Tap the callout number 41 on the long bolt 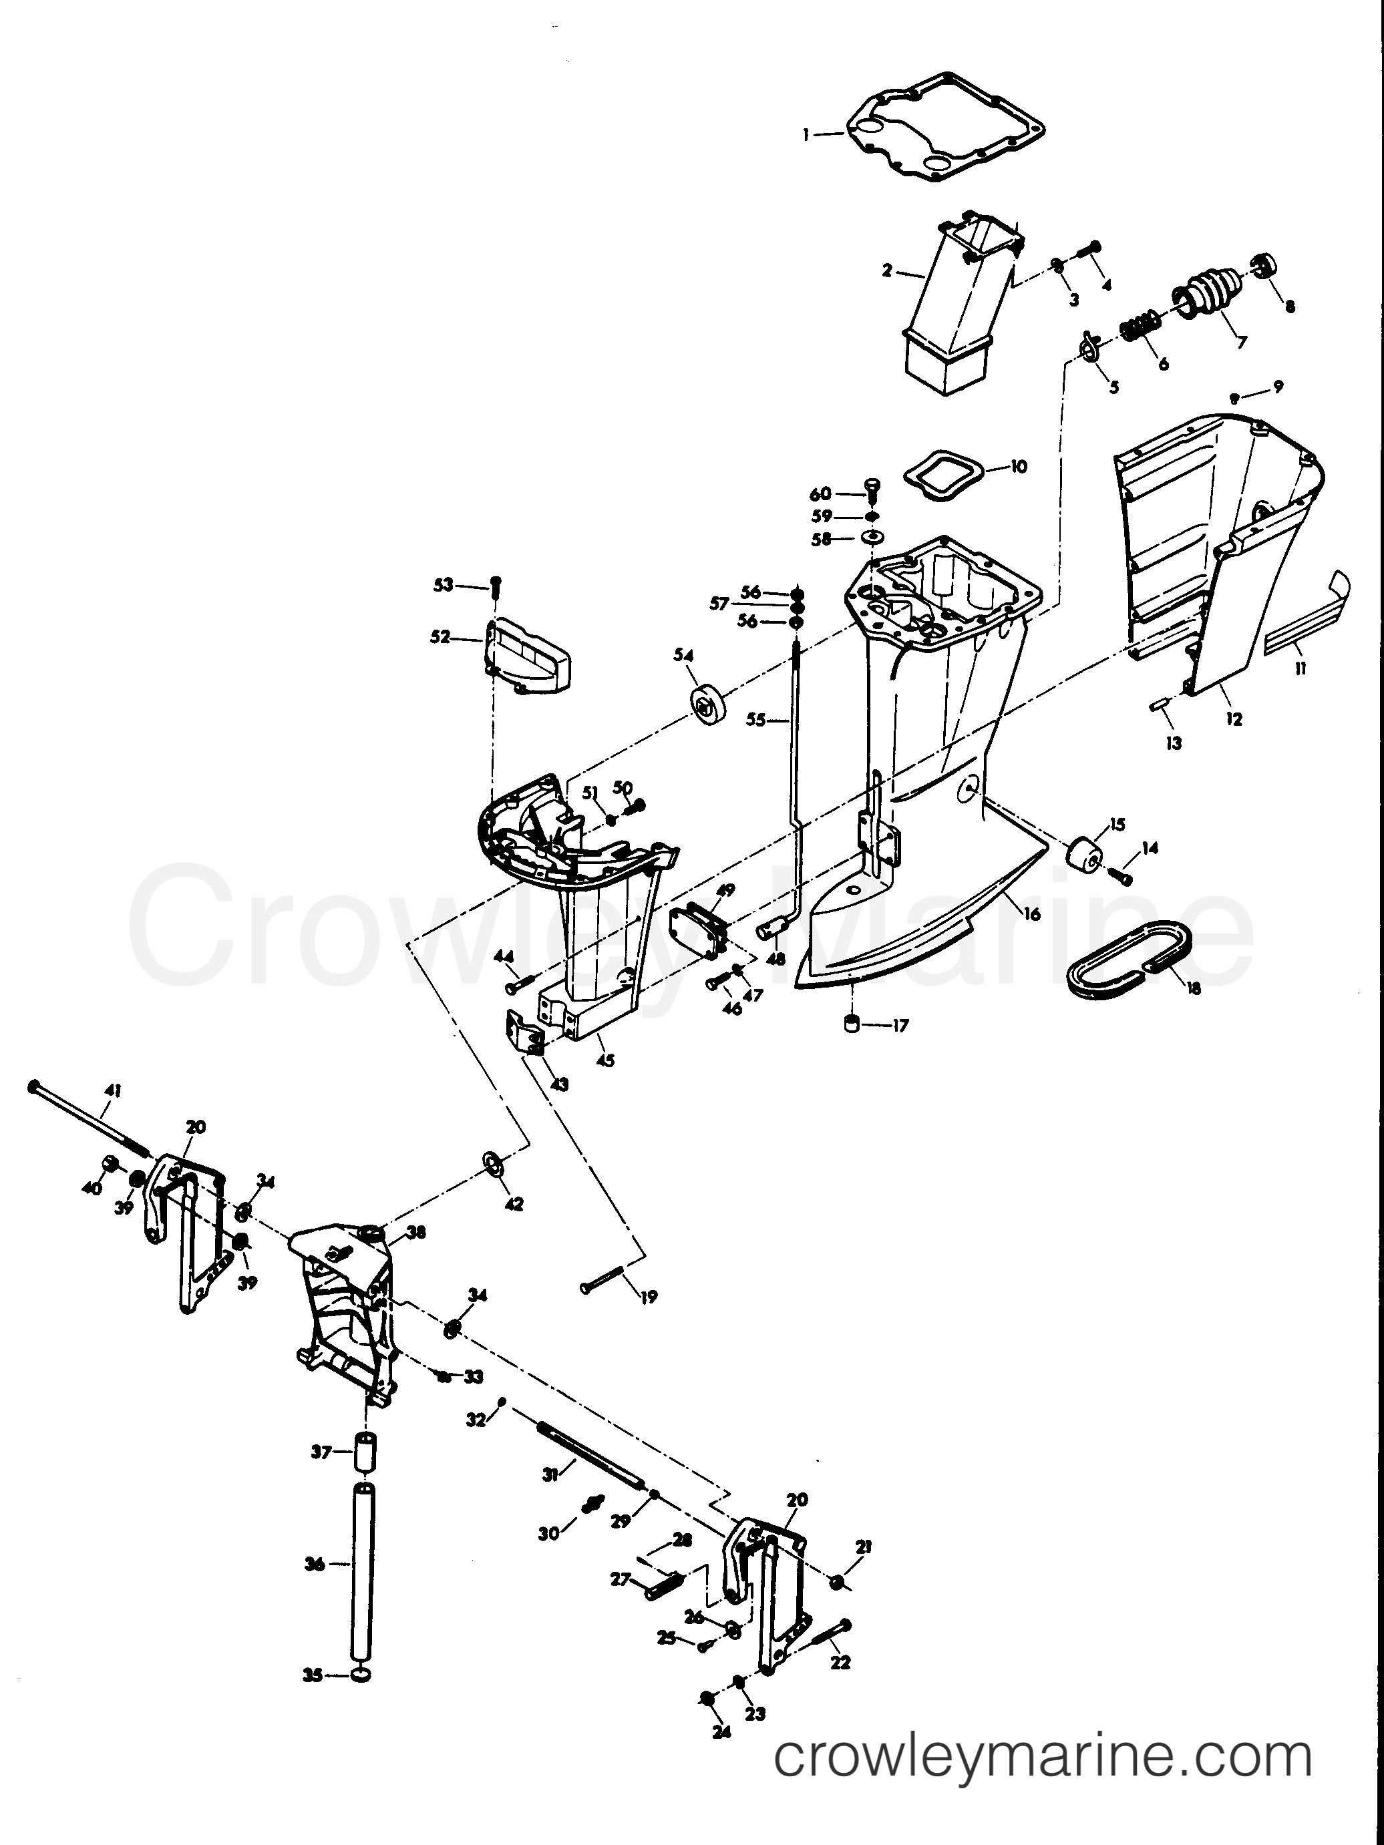(x=114, y=1090)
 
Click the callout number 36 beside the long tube (x=314, y=1565)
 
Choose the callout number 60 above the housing (x=821, y=493)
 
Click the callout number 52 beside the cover (x=440, y=637)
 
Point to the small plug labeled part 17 (x=852, y=1024)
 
